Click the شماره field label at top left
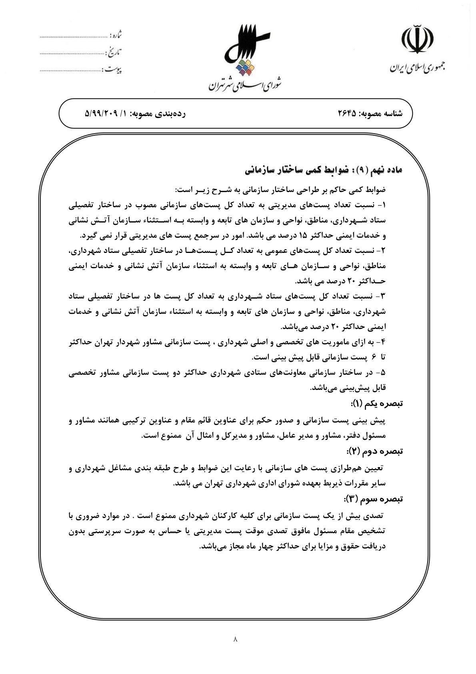click(x=116, y=36)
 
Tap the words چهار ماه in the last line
click(x=255, y=546)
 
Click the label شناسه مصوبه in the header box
click(x=382, y=114)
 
